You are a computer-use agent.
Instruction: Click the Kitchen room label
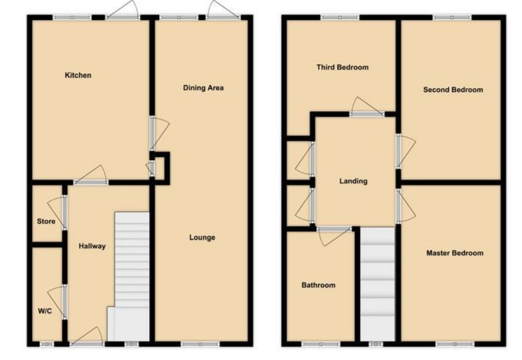click(x=78, y=76)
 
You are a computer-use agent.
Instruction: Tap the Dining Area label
click(x=204, y=88)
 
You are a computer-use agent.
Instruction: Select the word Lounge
click(x=202, y=238)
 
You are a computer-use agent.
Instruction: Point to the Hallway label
click(x=93, y=246)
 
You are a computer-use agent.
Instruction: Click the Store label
click(x=46, y=221)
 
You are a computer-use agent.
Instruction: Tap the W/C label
click(x=45, y=311)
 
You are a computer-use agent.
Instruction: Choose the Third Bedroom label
click(x=343, y=67)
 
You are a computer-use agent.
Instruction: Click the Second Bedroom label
click(x=453, y=90)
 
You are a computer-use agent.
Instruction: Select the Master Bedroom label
click(x=455, y=253)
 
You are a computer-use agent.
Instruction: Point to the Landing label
click(x=353, y=181)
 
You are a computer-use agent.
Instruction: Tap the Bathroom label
click(x=318, y=285)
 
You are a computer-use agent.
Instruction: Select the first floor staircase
click(x=378, y=284)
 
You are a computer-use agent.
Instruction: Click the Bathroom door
click(x=334, y=236)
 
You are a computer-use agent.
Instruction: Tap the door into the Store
click(x=57, y=213)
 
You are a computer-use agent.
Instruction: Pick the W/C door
click(x=57, y=301)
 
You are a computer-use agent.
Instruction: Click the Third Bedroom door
click(x=367, y=107)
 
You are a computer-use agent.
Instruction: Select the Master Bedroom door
click(x=406, y=206)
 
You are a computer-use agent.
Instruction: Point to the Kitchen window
click(x=73, y=18)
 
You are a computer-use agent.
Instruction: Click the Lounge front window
click(x=201, y=344)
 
